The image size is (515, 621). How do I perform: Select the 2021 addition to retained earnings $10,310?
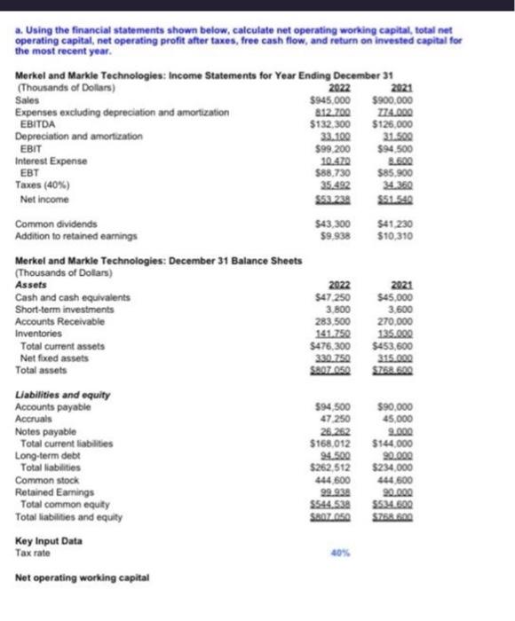coord(392,237)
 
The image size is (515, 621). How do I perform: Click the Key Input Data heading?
coord(49,539)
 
